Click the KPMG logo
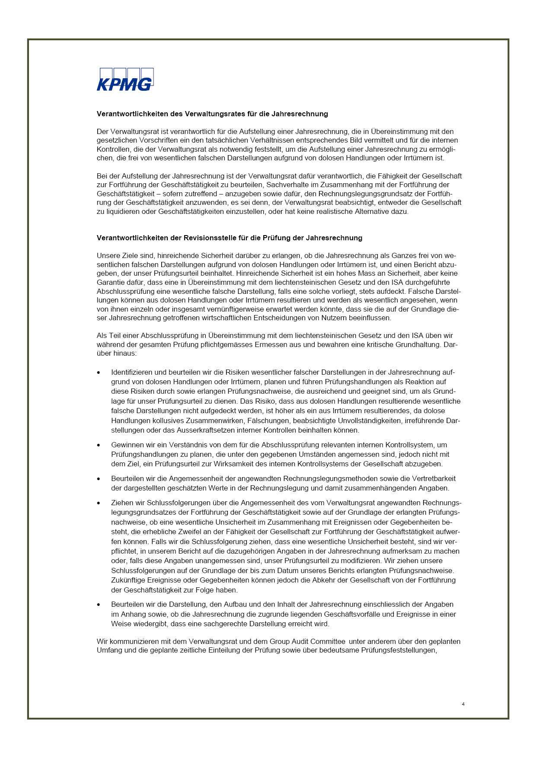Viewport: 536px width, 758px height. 125,80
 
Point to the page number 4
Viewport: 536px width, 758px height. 463,704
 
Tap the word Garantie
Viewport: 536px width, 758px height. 110,282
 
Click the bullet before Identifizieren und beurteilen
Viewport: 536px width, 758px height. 99,373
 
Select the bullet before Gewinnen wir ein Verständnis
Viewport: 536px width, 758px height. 99,445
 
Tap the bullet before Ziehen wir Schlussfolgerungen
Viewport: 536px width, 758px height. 99,503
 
